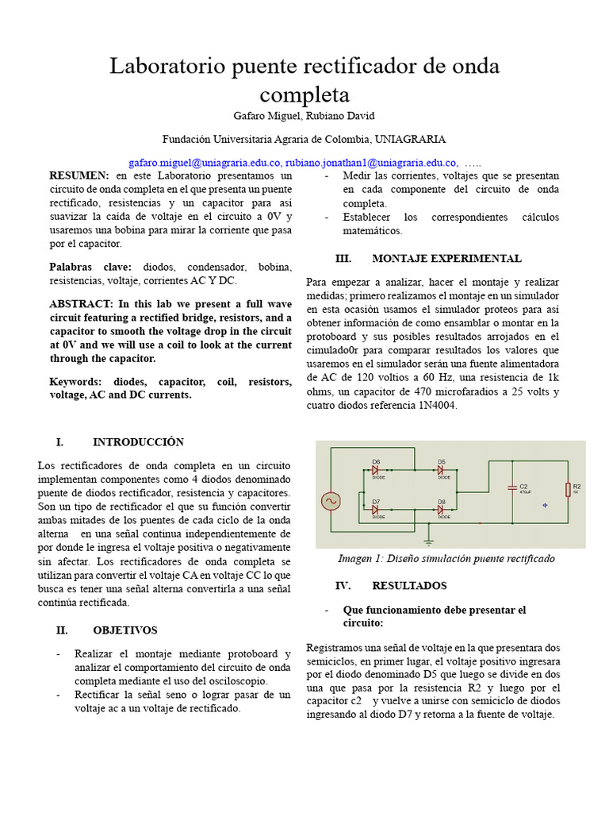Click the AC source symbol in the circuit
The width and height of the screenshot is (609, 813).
(x=329, y=501)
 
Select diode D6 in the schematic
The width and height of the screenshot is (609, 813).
(x=376, y=470)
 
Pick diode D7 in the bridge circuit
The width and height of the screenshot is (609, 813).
(x=376, y=510)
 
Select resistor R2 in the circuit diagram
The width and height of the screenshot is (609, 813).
(x=567, y=489)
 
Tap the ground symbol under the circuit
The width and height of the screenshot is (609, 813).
(x=429, y=541)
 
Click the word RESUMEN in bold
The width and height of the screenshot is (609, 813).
(x=79, y=175)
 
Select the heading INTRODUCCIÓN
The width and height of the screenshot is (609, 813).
(x=138, y=442)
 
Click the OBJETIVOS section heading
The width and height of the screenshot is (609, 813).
(x=125, y=630)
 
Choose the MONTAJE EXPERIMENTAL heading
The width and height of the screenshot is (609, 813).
(x=446, y=259)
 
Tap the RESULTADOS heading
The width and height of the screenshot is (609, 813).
(x=409, y=586)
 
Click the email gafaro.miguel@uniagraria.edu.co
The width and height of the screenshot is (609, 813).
(x=205, y=161)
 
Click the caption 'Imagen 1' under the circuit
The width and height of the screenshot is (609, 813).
(x=357, y=558)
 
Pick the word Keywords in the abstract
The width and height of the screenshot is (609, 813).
(x=75, y=382)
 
